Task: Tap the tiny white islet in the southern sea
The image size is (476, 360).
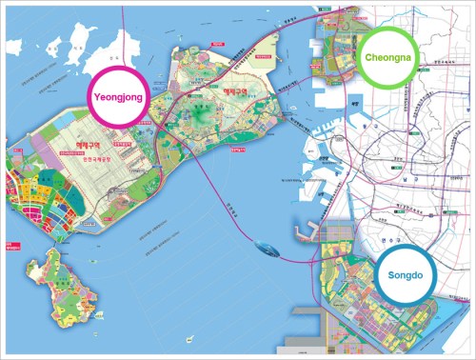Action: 191,335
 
